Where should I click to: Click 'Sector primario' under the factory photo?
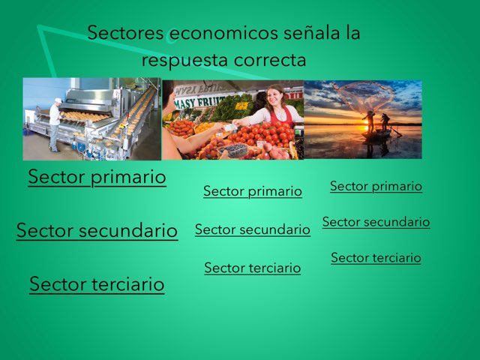click(x=97, y=178)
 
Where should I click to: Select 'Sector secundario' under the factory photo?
click(x=97, y=230)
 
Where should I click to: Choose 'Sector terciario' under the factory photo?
click(x=97, y=284)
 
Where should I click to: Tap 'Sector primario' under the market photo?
click(x=253, y=191)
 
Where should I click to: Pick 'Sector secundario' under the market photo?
click(x=253, y=229)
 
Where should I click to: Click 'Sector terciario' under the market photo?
click(x=253, y=268)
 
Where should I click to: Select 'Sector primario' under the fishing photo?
click(x=376, y=186)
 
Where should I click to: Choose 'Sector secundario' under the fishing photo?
click(x=376, y=222)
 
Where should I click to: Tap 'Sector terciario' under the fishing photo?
click(x=376, y=258)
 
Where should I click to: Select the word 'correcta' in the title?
click(x=274, y=59)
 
